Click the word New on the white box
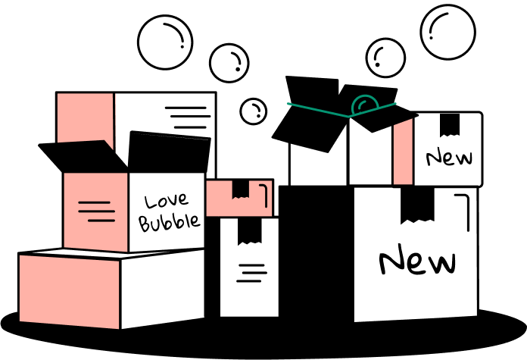coord(449,158)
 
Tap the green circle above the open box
coord(364,105)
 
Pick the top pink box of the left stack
coord(85,117)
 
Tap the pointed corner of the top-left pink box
coord(111,145)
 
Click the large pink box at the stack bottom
coord(69,292)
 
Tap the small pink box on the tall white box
coord(220,199)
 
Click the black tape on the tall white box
coord(250,231)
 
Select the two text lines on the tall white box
coord(251,273)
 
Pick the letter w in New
coord(463,158)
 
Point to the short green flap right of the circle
coord(385,107)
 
